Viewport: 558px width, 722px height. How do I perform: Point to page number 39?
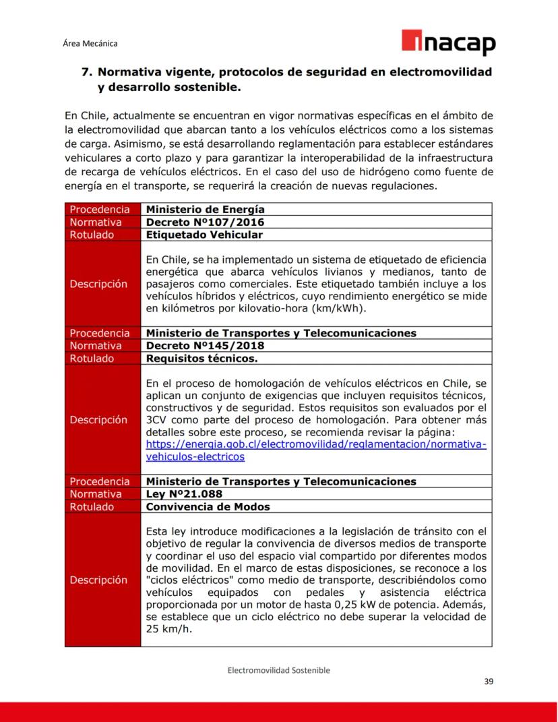click(489, 682)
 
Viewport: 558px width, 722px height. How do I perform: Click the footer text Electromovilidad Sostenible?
click(278, 670)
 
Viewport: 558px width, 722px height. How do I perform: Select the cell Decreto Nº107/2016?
click(205, 222)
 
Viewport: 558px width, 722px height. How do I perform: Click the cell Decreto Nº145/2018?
click(205, 346)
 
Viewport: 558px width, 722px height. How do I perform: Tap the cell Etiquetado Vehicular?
click(204, 235)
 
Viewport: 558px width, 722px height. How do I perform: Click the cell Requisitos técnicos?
click(201, 359)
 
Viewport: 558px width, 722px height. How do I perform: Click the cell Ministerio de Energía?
click(205, 209)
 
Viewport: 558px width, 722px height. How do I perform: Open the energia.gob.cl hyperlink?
click(315, 445)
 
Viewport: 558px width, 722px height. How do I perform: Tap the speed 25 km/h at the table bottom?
click(169, 628)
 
